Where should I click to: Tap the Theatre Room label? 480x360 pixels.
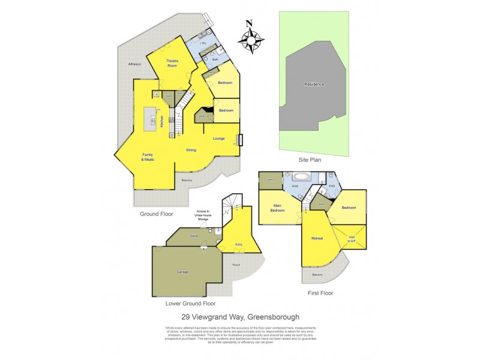pos(173,64)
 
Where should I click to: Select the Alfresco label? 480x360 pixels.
pos(134,64)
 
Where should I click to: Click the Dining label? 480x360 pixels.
pos(191,150)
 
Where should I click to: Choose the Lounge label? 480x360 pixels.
pos(218,139)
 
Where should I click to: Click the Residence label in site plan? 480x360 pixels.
pos(314,84)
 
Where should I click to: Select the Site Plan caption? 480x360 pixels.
pos(311,161)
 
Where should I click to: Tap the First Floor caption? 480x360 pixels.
pos(321,293)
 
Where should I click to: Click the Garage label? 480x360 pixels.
pos(182,272)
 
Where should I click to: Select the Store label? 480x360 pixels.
pos(194,236)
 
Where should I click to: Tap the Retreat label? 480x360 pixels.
pos(317,239)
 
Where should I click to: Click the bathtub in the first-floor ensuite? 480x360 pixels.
pos(299,177)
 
